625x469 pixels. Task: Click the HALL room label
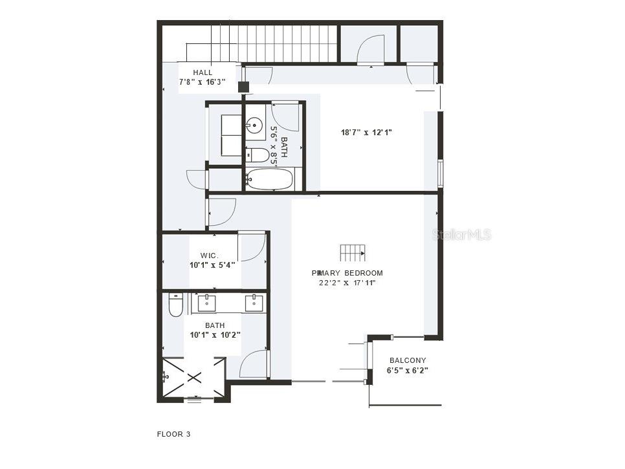click(203, 72)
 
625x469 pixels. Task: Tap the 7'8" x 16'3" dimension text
click(202, 82)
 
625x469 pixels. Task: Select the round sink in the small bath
click(255, 125)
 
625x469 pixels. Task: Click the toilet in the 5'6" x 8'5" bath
click(259, 155)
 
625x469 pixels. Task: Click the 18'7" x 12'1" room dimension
click(367, 133)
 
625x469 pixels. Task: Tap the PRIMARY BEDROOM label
click(347, 273)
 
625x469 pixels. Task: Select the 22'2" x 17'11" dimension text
click(347, 283)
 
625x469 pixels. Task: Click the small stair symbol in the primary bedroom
click(353, 252)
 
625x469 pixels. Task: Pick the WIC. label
click(209, 256)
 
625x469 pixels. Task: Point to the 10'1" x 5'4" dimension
click(212, 265)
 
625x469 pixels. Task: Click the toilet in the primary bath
click(175, 305)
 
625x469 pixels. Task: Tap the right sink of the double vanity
click(254, 302)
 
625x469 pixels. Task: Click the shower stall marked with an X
click(194, 377)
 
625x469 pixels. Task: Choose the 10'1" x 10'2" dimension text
click(215, 335)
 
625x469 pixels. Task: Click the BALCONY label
click(408, 361)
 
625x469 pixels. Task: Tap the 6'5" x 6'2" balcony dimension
click(408, 371)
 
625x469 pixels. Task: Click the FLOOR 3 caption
click(173, 434)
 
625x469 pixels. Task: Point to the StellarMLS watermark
click(461, 234)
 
